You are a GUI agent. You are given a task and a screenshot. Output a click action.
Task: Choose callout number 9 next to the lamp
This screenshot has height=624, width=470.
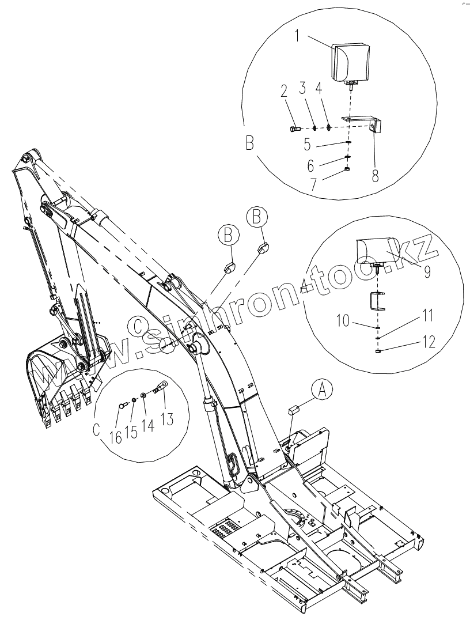(x=427, y=271)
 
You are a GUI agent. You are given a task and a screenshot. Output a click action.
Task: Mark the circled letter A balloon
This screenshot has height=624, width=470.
(x=323, y=390)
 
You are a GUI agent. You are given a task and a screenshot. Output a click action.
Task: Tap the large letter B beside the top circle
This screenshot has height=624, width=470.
(x=249, y=142)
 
